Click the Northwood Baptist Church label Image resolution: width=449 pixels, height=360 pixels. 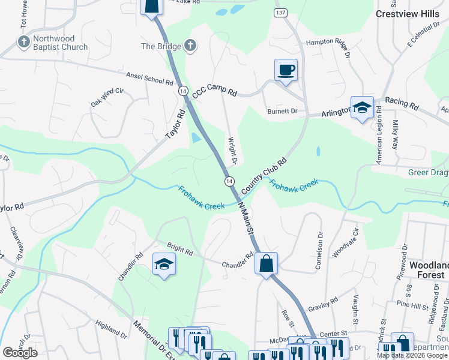click(x=60, y=43)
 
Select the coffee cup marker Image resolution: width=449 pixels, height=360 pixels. click(x=286, y=70)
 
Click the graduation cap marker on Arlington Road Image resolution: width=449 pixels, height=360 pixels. click(x=362, y=108)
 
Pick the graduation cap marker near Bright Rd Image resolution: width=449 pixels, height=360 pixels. click(x=163, y=265)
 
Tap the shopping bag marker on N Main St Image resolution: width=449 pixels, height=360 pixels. click(x=266, y=263)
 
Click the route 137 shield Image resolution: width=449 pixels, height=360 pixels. click(x=279, y=13)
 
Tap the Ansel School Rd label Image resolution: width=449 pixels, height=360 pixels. click(x=149, y=78)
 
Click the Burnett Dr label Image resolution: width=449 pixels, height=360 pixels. click(x=282, y=112)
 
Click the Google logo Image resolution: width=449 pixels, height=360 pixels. click(x=20, y=352)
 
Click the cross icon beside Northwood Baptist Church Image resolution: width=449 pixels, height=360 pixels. click(x=23, y=43)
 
